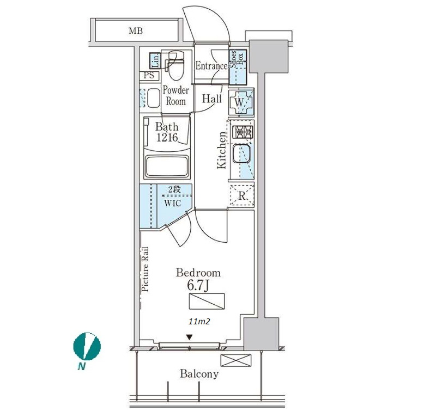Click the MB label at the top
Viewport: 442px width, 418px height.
click(136, 30)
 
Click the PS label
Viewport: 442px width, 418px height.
click(149, 76)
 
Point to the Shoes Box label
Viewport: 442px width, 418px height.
click(237, 59)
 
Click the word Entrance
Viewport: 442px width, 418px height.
click(211, 66)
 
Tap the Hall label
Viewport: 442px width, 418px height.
click(211, 99)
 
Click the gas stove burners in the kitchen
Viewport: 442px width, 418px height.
click(243, 132)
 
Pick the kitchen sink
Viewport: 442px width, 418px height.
click(241, 154)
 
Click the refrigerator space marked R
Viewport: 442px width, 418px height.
click(242, 195)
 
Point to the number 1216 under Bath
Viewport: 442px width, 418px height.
click(167, 137)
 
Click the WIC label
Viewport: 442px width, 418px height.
click(173, 203)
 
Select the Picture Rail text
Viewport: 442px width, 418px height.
click(145, 269)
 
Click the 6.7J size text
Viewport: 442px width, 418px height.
click(198, 285)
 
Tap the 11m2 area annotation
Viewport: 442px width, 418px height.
click(199, 322)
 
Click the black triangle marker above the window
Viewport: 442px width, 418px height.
click(190, 337)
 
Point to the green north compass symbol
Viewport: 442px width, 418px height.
click(87, 347)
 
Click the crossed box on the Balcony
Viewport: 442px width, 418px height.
click(235, 360)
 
